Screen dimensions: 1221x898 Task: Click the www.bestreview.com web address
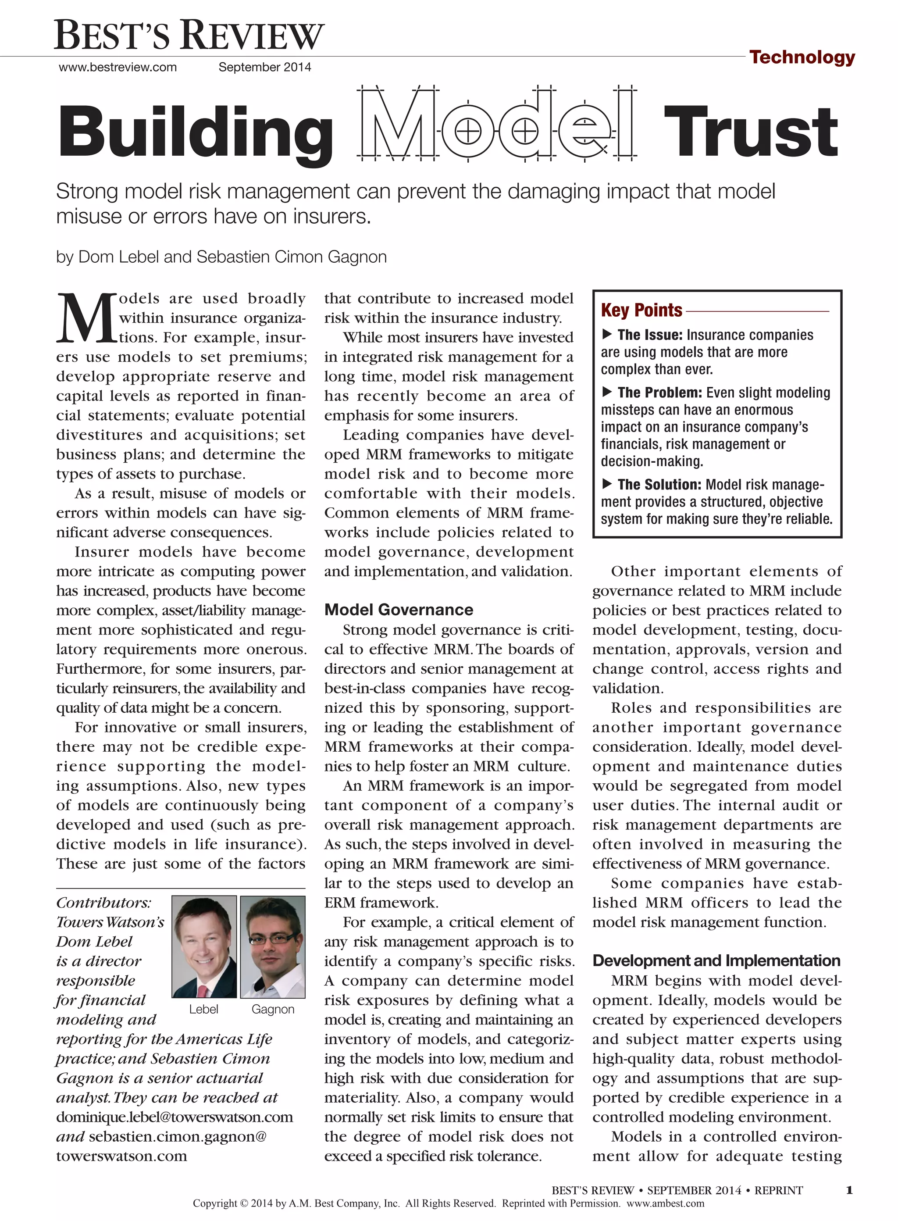[x=118, y=68]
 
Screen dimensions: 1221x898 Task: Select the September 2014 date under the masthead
[x=265, y=68]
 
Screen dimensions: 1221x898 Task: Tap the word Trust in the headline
[x=751, y=132]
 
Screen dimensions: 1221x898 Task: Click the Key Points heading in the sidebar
[x=641, y=310]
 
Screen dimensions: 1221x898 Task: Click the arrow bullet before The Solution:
[x=607, y=483]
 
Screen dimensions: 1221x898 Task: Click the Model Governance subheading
[x=399, y=610]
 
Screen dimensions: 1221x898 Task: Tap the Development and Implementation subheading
[x=716, y=960]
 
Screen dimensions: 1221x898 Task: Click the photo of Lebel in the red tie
[x=204, y=946]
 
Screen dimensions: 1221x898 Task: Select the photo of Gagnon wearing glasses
[x=272, y=946]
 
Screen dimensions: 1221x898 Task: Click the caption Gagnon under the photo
[x=273, y=1010]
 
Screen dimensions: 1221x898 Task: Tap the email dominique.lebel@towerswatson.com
[x=175, y=1117]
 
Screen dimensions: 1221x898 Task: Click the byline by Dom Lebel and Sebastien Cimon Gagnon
[x=221, y=257]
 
